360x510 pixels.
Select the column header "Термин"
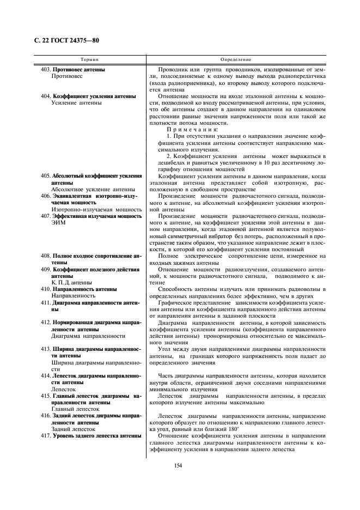click(x=90, y=59)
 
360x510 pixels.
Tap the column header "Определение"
click(x=236, y=59)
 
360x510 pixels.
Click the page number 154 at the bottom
click(x=178, y=465)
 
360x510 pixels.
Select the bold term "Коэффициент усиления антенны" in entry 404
click(x=94, y=95)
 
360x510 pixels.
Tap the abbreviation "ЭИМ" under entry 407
click(x=58, y=223)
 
